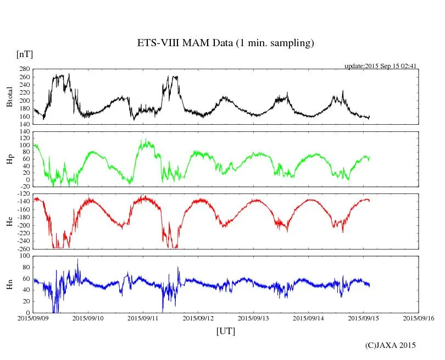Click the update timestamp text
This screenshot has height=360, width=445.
(381, 66)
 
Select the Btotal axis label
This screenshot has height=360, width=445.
(9, 97)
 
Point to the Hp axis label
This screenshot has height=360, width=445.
(9, 159)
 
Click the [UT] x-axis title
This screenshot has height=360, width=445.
(226, 331)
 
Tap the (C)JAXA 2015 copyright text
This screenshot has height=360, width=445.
(391, 345)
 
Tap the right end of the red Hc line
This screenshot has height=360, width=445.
(369, 200)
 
